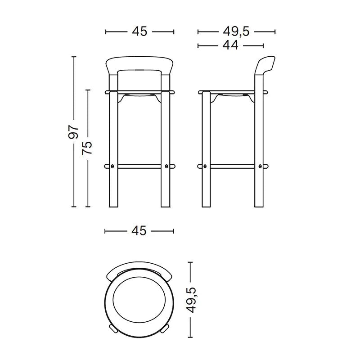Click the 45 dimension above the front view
pos(139,31)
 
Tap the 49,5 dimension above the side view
pos(236,31)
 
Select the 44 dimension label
pos(230,45)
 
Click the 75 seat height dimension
pos(88,148)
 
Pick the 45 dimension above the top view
pos(139,231)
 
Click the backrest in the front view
pos(139,63)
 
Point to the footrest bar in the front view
pos(139,166)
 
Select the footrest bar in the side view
pos(232,166)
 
